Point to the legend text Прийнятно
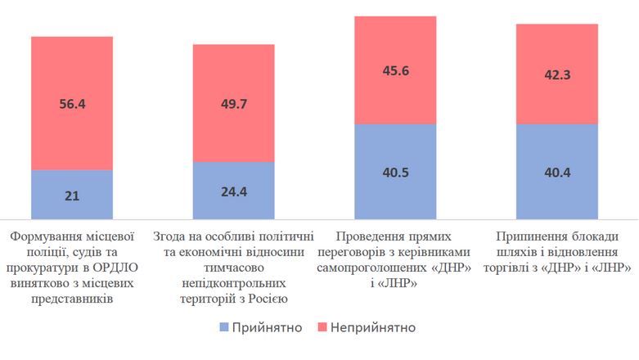268,328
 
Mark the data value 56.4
72,104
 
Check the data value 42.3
556,74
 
